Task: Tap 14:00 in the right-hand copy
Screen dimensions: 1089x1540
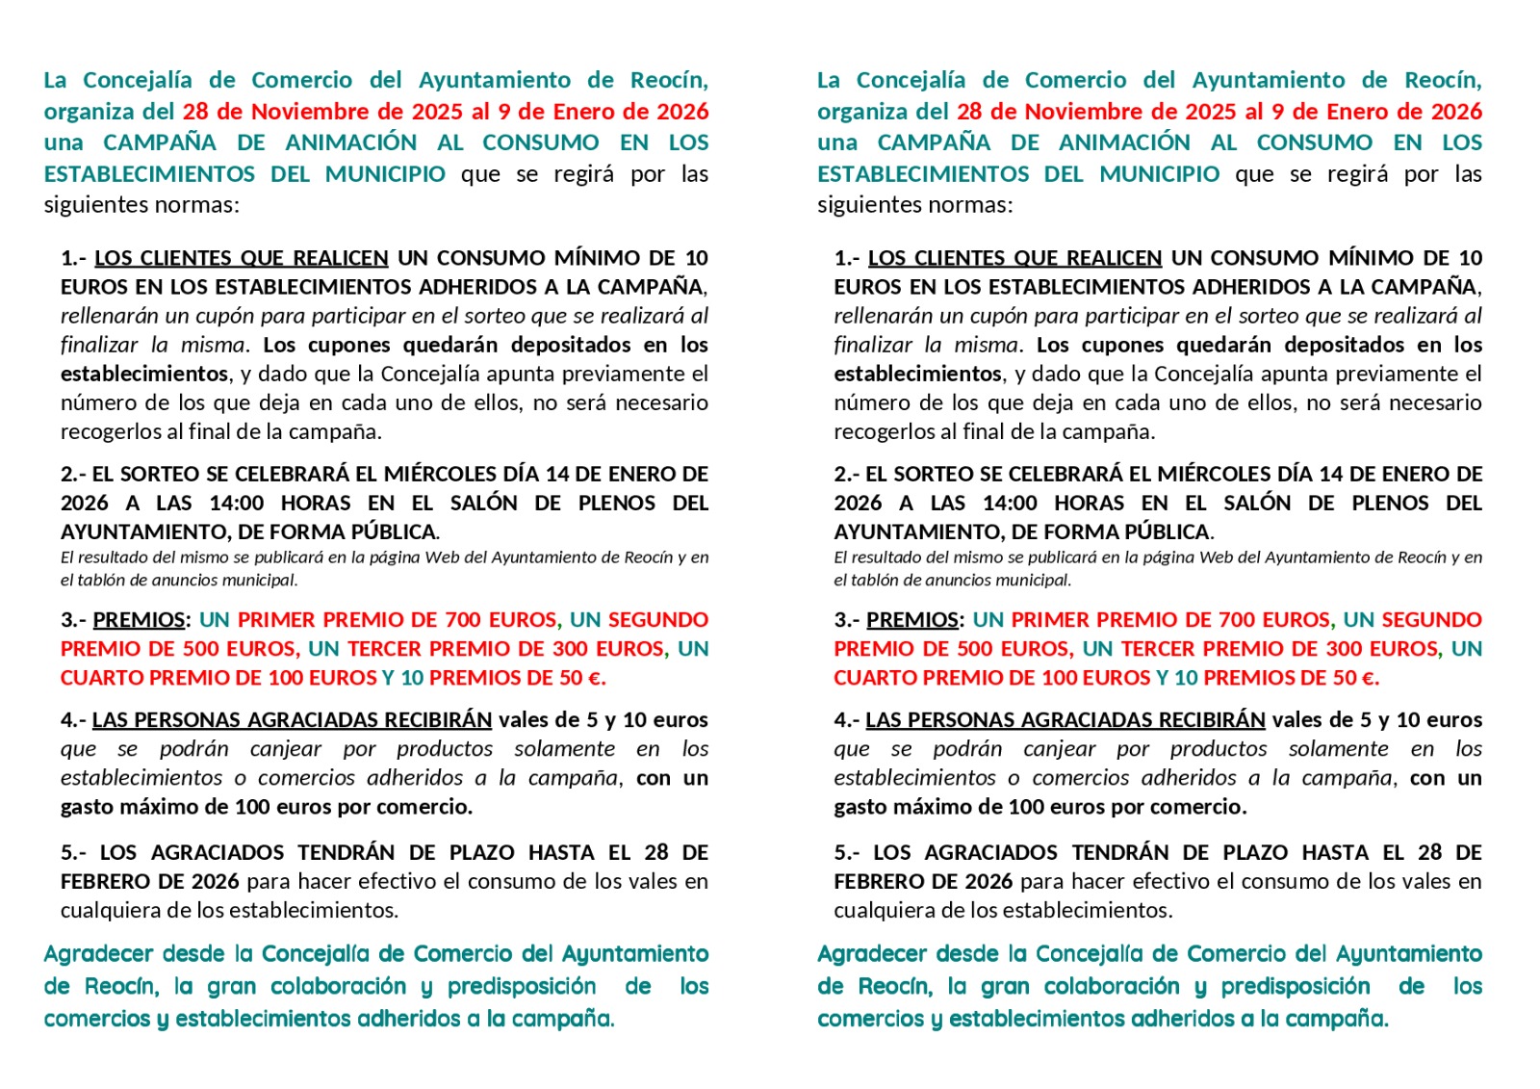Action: (1010, 504)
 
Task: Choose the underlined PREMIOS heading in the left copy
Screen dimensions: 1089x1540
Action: (139, 620)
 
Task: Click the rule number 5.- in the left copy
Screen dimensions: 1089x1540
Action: (76, 853)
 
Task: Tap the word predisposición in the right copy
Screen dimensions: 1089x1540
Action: (1296, 987)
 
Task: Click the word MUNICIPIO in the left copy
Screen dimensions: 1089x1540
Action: (385, 174)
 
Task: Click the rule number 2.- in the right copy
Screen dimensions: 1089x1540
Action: (847, 475)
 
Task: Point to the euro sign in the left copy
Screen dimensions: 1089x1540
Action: (593, 678)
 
